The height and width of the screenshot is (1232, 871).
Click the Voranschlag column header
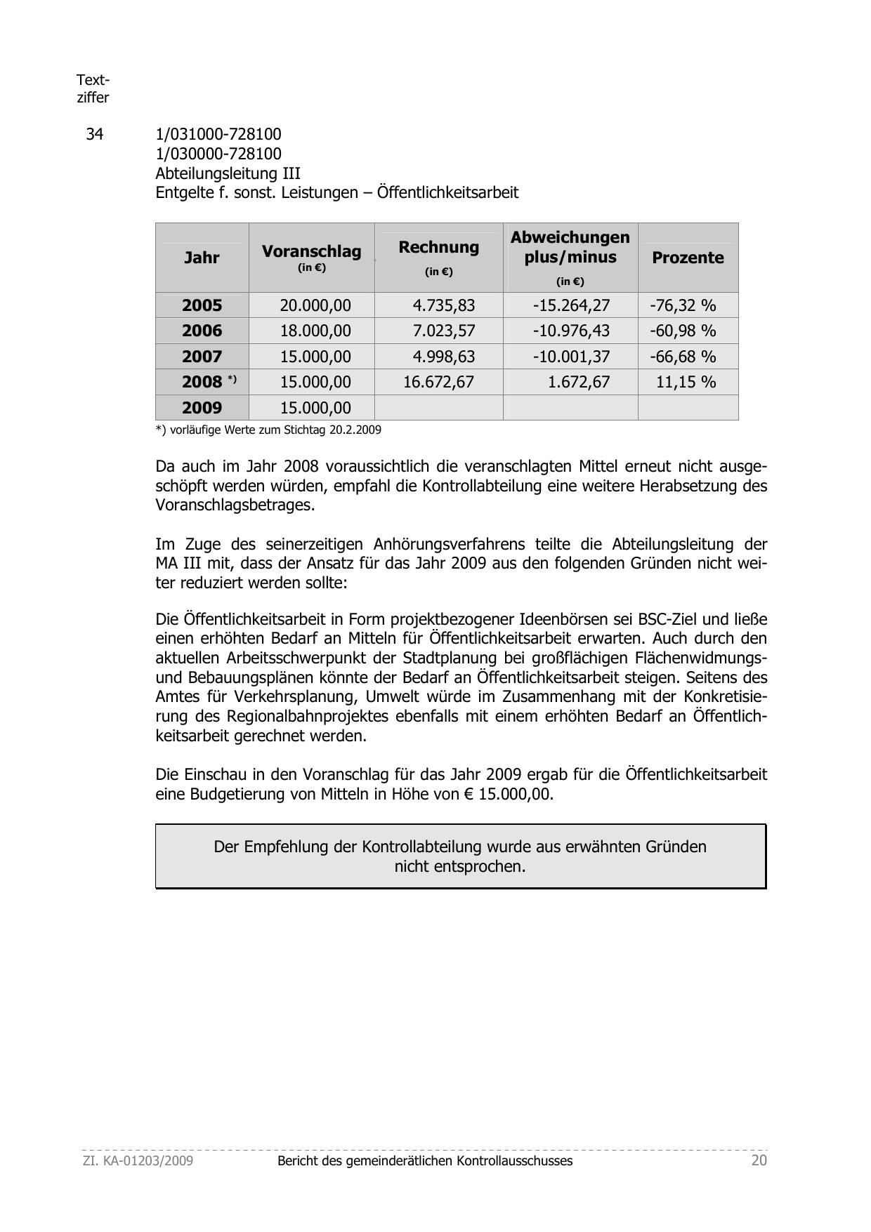pyautogui.click(x=311, y=251)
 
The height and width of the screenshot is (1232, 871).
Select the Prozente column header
pyautogui.click(x=688, y=258)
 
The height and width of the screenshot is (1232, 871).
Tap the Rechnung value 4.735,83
pyautogui.click(x=443, y=305)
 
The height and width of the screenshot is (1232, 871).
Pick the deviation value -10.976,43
pyautogui.click(x=571, y=331)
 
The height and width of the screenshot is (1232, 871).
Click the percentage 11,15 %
pyautogui.click(x=686, y=382)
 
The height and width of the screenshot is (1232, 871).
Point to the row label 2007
pyautogui.click(x=202, y=357)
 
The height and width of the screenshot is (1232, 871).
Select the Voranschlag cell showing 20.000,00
pyautogui.click(x=315, y=305)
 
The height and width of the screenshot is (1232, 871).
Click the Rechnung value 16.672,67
pyautogui.click(x=438, y=382)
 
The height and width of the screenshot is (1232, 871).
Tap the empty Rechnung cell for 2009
pyautogui.click(x=438, y=408)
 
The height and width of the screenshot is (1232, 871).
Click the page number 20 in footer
pyautogui.click(x=759, y=1160)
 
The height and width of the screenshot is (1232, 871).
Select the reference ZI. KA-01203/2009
pyautogui.click(x=138, y=1160)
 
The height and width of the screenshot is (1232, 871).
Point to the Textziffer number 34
pyautogui.click(x=94, y=134)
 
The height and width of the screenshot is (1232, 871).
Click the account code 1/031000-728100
pyautogui.click(x=218, y=134)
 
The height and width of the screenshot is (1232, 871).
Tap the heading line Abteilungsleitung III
pyautogui.click(x=228, y=173)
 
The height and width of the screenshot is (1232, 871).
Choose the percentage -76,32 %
pyautogui.click(x=683, y=305)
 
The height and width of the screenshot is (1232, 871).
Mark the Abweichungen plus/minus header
pyautogui.click(x=570, y=247)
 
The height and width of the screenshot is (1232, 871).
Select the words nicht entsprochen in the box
pyautogui.click(x=460, y=866)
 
